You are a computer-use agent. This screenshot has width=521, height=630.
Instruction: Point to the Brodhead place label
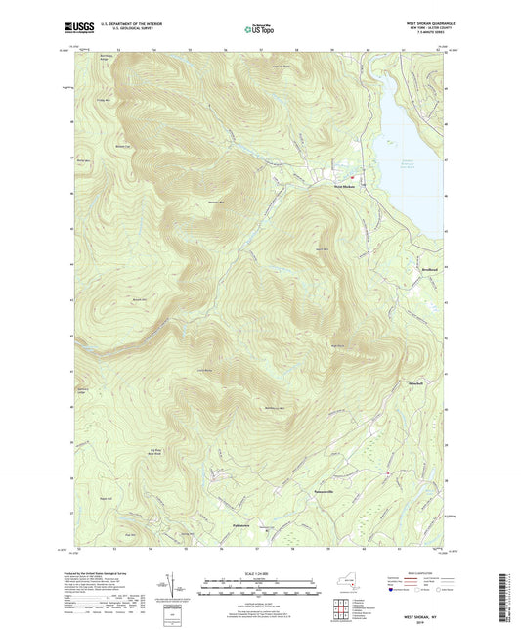click(x=419, y=267)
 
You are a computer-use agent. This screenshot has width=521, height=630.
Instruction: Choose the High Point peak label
click(x=338, y=344)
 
